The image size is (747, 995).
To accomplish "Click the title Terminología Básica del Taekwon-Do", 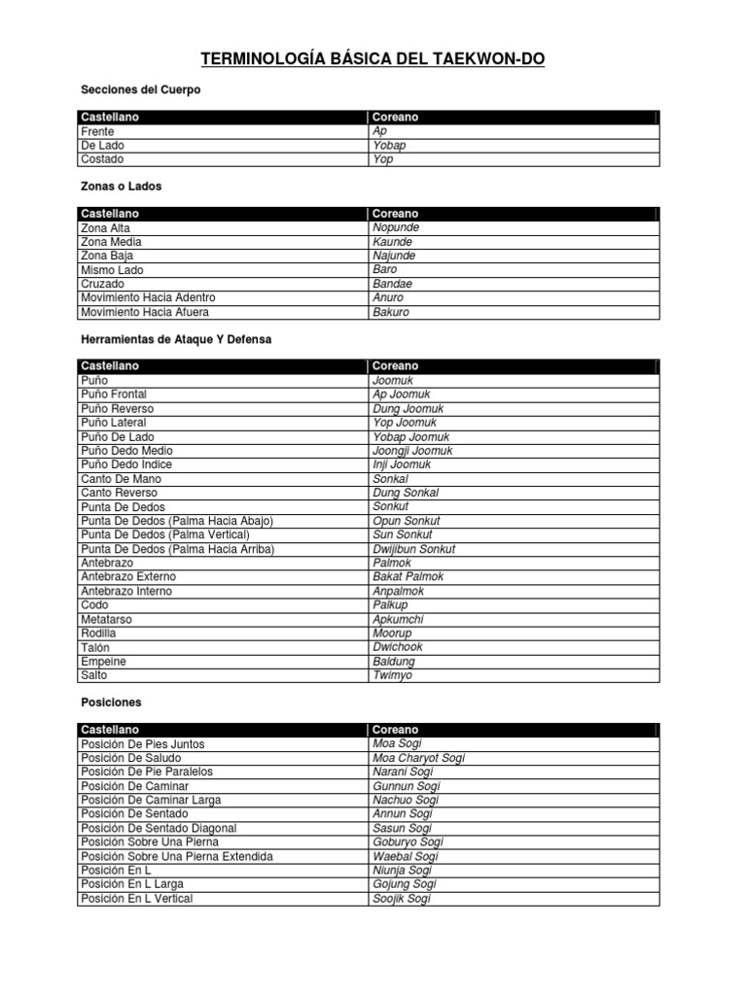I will tap(373, 60).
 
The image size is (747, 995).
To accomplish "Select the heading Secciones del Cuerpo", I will tap(140, 89).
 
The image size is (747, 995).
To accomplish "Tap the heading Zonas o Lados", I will tap(122, 186).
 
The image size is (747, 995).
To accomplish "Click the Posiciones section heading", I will tap(111, 702).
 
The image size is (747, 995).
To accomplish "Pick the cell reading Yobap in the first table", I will tap(389, 146).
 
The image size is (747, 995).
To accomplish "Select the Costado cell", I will tap(102, 159).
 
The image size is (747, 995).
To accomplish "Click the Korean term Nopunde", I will tap(396, 227).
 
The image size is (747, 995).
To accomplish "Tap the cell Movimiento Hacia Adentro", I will tap(148, 297).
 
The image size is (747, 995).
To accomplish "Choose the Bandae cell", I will tap(392, 284).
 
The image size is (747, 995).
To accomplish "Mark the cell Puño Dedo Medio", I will tap(127, 451).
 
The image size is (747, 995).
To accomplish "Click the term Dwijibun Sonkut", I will tap(413, 549).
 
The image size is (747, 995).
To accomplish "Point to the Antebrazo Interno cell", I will tap(126, 591).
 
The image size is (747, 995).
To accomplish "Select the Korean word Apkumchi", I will tap(398, 619).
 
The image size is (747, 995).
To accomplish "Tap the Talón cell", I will tap(95, 647).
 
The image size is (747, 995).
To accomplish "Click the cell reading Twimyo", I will tap(393, 675).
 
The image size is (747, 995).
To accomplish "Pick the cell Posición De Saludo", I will tap(131, 758).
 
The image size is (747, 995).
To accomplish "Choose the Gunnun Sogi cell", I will tap(407, 786).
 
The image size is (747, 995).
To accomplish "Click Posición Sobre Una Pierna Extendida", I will tap(176, 857).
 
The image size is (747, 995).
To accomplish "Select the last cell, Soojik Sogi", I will tap(401, 899).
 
